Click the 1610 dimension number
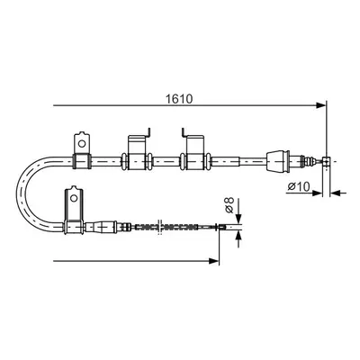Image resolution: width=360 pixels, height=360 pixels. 180,99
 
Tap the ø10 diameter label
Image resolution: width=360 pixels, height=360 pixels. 299,186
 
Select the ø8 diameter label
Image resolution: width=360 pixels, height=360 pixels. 229,205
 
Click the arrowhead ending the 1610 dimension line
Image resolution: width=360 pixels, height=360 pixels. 320,105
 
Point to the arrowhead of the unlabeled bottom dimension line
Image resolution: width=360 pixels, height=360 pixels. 214,261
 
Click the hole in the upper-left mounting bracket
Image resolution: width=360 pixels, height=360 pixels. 82,143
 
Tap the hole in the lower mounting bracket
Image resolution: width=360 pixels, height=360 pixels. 74,198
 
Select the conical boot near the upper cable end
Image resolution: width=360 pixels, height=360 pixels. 277,161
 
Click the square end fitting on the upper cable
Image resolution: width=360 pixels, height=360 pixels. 326,161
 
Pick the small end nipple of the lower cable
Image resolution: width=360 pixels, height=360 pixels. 221,228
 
